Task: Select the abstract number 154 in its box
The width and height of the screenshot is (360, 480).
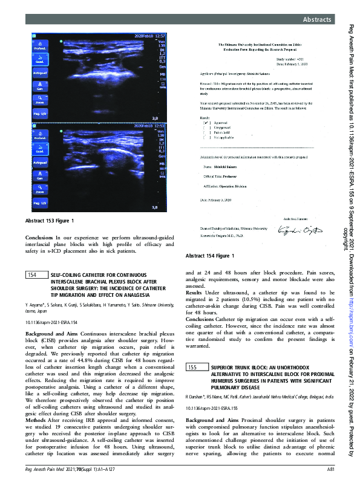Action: click(x=34, y=274)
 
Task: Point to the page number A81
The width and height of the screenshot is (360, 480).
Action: click(x=331, y=469)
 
